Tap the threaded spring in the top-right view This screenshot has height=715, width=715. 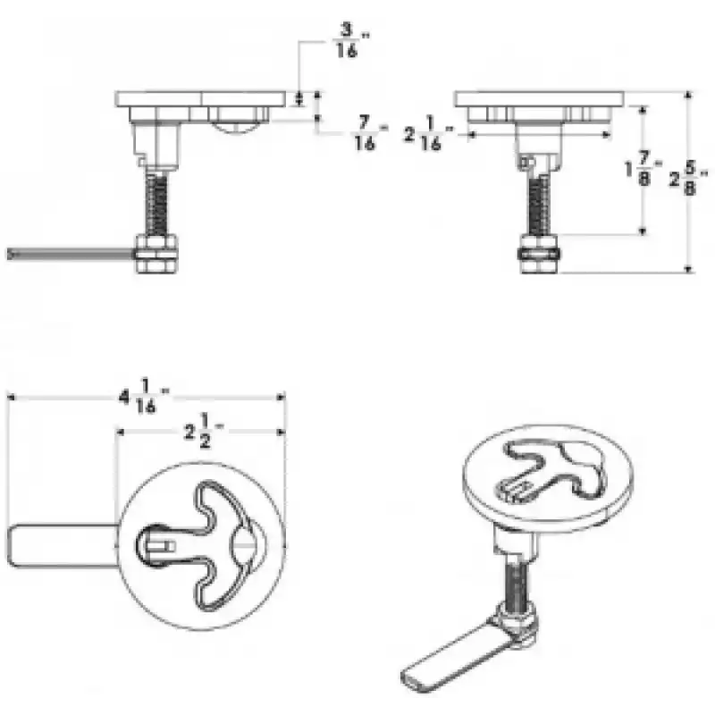click(539, 206)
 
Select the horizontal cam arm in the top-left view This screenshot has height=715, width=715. click(71, 254)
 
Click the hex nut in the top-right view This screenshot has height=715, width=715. click(539, 254)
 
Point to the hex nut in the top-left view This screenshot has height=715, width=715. click(156, 254)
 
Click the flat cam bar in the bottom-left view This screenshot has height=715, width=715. click(63, 546)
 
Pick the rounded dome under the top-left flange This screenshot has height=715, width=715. click(237, 126)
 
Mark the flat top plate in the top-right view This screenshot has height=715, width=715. click(539, 99)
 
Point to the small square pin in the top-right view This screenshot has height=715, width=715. click(525, 162)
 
